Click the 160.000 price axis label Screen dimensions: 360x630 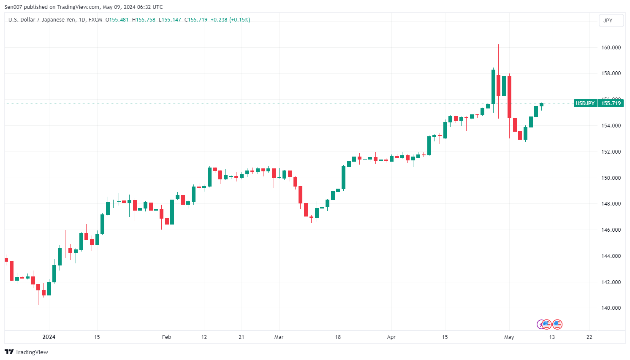point(611,48)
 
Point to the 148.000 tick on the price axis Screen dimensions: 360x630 point(611,204)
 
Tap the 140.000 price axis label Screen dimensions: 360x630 point(611,308)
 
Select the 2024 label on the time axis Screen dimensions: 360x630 point(49,337)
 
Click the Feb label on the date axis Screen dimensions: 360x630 point(167,337)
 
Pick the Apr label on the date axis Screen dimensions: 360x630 point(391,337)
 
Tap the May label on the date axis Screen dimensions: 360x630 point(509,337)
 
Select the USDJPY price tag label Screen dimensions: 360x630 point(585,103)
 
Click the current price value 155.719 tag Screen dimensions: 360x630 point(611,103)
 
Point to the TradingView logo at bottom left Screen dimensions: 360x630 point(26,352)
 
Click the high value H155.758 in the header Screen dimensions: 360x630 point(144,20)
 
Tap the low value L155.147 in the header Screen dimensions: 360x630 point(170,20)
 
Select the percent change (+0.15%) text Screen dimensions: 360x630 point(239,20)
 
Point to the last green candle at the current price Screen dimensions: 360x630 point(541,105)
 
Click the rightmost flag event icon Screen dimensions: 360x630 point(557,324)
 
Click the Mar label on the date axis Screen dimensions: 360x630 point(279,337)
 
